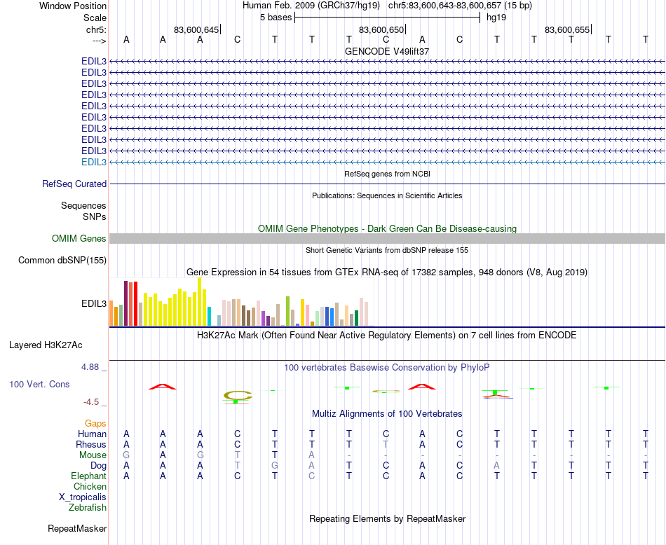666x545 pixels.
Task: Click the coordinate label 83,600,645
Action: (x=196, y=29)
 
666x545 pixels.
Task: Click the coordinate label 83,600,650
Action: (x=381, y=29)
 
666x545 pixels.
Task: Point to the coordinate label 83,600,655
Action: (x=567, y=29)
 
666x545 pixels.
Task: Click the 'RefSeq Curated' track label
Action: (x=74, y=184)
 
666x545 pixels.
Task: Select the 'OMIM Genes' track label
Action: (x=79, y=239)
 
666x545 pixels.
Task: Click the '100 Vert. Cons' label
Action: (x=39, y=385)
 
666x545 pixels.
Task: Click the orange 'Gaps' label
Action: (x=95, y=423)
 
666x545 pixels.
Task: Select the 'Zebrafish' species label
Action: (x=88, y=507)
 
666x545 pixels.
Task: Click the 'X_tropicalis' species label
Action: (x=83, y=497)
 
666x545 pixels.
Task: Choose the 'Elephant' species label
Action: (x=88, y=476)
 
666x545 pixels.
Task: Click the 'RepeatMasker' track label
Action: (x=77, y=528)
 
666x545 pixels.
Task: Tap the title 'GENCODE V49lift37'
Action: (x=387, y=51)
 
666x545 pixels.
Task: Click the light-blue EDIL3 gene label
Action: (x=94, y=162)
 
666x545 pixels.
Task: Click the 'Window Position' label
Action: (x=73, y=6)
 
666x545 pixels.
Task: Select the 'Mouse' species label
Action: (x=93, y=455)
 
